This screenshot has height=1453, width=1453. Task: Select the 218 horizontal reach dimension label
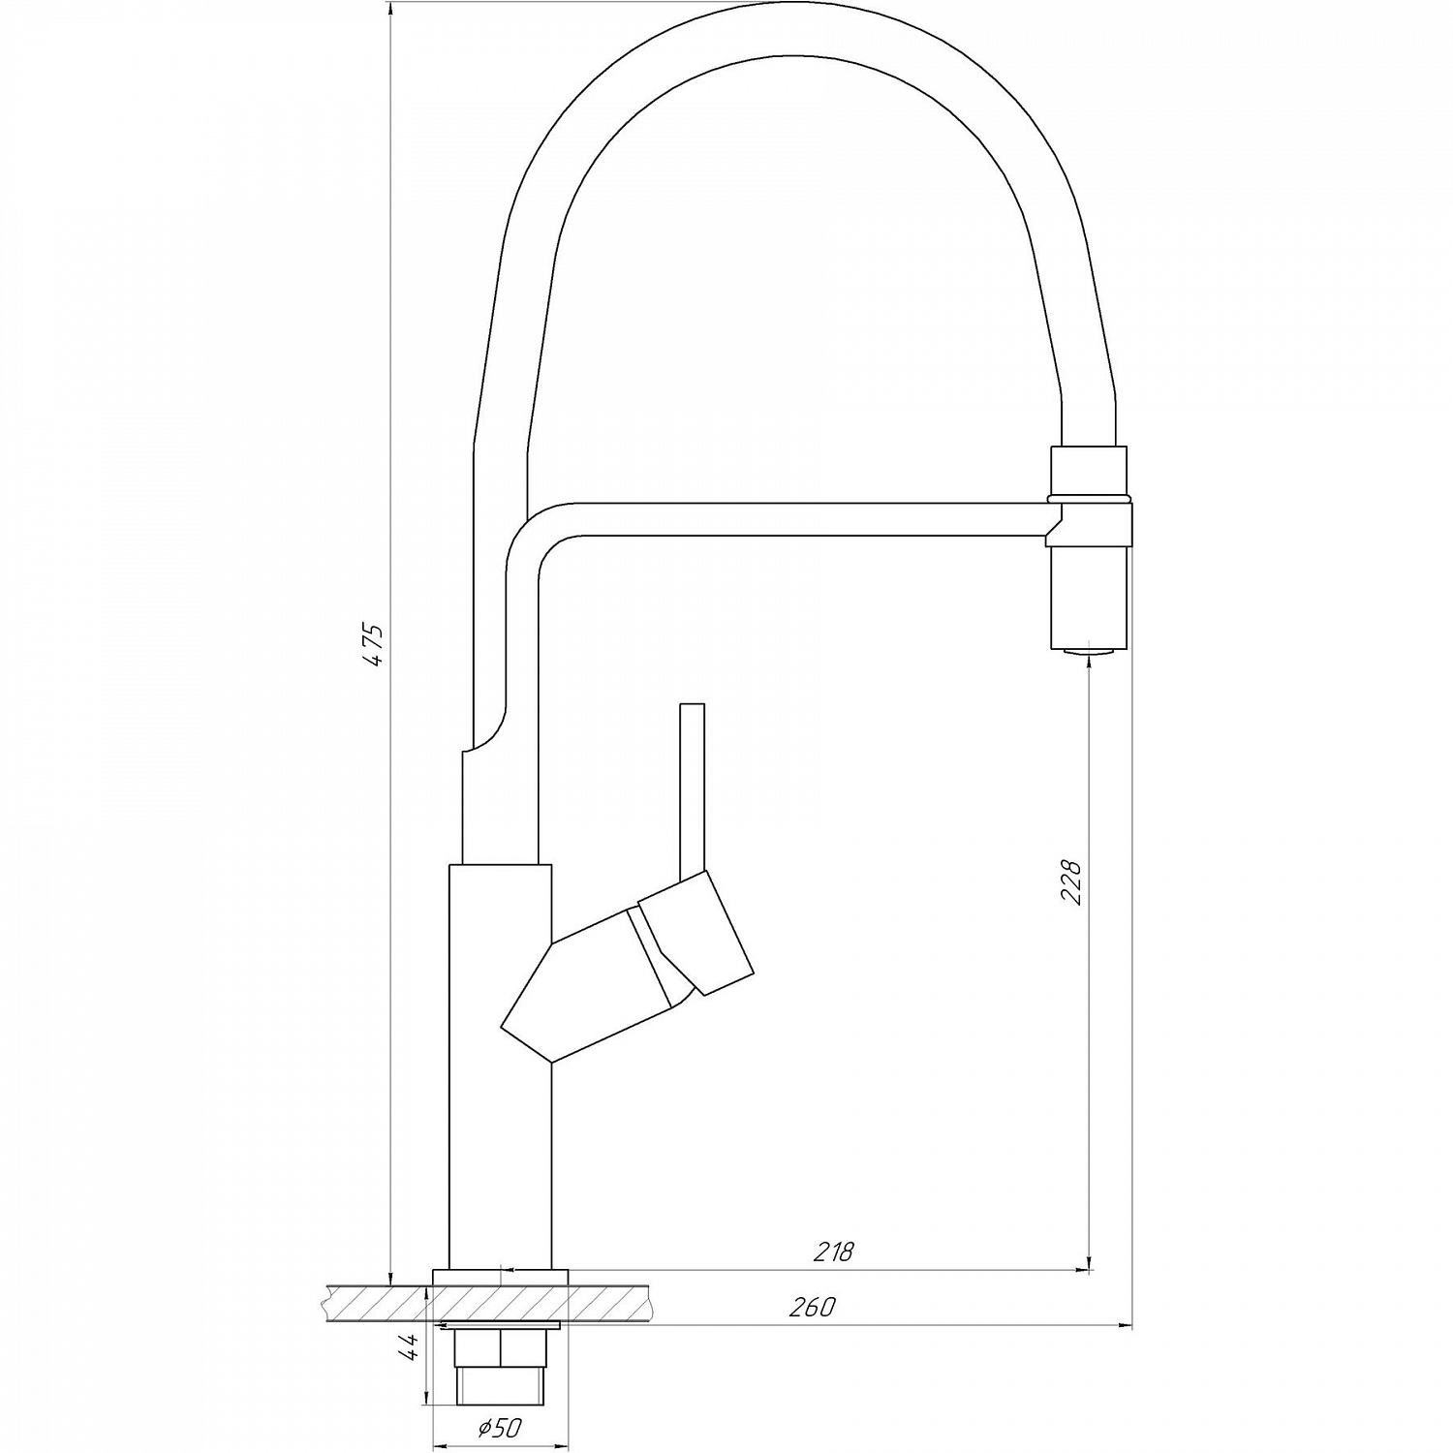click(x=833, y=1252)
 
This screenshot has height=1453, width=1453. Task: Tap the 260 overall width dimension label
click(x=812, y=1307)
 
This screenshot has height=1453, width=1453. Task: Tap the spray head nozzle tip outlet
click(x=1089, y=651)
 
